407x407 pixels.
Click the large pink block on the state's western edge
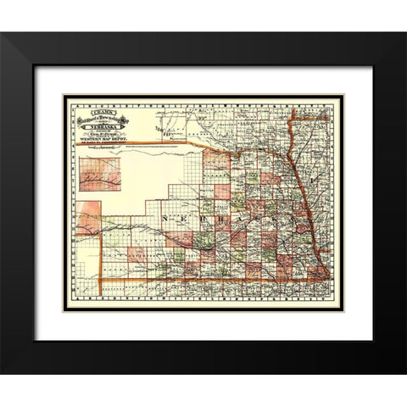pyautogui.click(x=87, y=218)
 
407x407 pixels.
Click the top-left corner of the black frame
pyautogui.click(x=3, y=34)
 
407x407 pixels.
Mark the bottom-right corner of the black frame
pyautogui.click(x=404, y=373)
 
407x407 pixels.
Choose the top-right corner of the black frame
pyautogui.click(x=404, y=34)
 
